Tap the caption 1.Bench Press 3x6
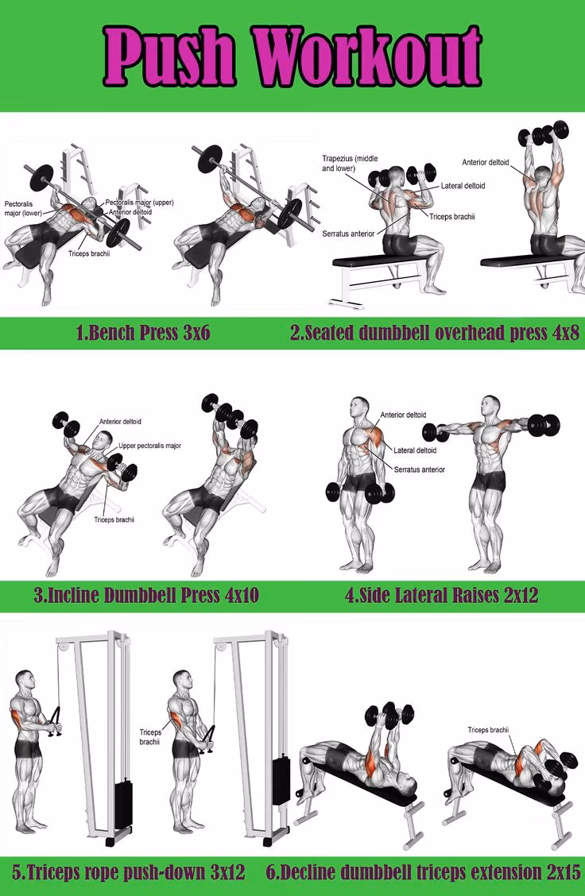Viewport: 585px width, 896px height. [143, 333]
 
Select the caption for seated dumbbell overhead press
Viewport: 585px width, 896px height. [435, 333]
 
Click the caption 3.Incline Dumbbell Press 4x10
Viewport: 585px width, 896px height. [145, 595]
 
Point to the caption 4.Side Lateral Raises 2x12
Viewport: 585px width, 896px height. [441, 595]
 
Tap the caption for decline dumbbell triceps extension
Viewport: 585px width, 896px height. [423, 871]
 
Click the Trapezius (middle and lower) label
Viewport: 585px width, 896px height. [351, 163]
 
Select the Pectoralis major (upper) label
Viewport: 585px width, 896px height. [139, 203]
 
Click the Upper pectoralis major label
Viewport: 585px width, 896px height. [149, 446]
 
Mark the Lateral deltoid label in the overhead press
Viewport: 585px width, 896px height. [463, 186]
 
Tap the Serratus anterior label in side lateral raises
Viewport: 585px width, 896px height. [419, 469]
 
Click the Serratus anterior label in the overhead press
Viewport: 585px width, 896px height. [347, 234]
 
